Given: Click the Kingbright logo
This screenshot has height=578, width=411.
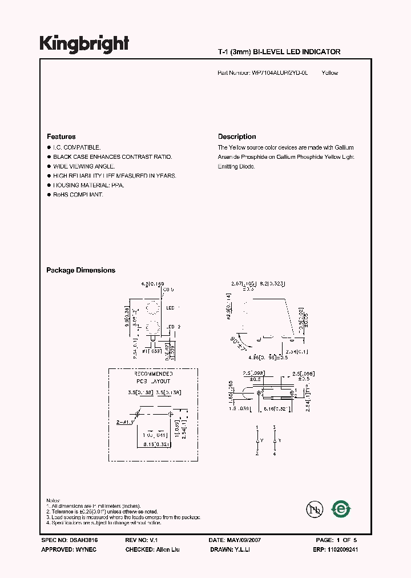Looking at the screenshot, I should click(x=84, y=44).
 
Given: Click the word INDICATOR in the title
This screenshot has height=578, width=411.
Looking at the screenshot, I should click(x=319, y=52).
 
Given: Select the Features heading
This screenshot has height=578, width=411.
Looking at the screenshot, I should click(x=61, y=137).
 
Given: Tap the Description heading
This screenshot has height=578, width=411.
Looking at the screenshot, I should click(x=237, y=137).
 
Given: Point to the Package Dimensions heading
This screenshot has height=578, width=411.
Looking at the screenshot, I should click(x=80, y=270).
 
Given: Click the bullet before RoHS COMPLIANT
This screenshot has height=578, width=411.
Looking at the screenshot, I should click(x=49, y=195).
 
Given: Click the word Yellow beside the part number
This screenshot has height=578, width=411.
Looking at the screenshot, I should click(x=330, y=73).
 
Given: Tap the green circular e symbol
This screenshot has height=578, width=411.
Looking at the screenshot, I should click(x=342, y=508).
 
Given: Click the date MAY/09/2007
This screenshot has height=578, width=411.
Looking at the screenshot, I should click(x=247, y=540).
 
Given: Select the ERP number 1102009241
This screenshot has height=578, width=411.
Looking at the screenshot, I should click(x=342, y=549).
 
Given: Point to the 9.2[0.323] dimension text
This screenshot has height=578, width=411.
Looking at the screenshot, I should click(x=273, y=283).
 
